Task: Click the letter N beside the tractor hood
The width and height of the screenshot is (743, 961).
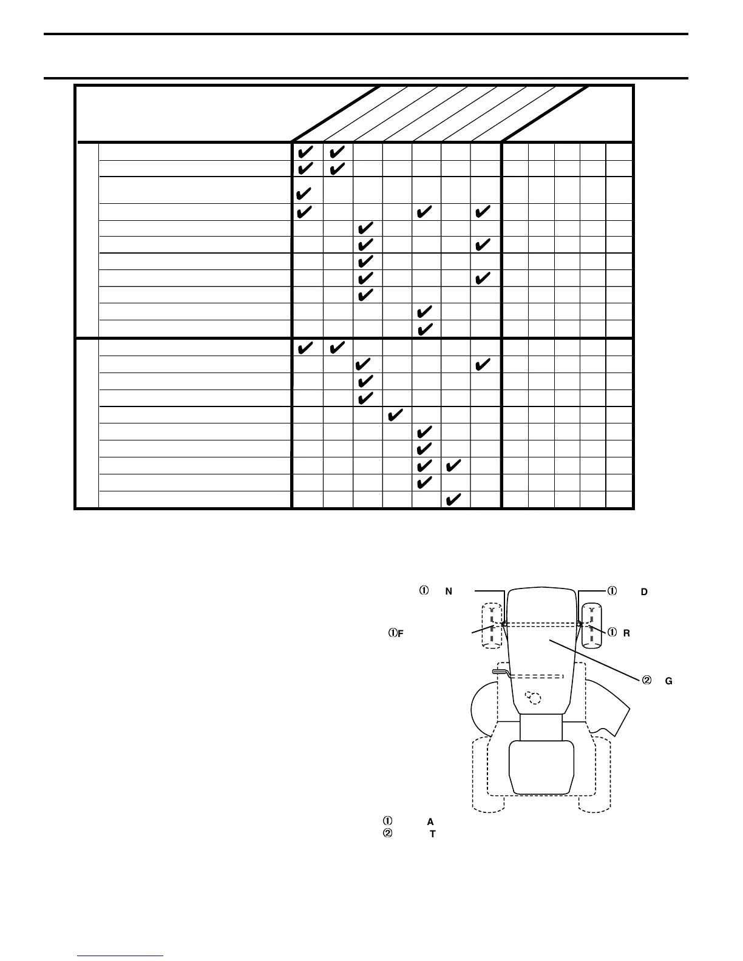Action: tap(449, 592)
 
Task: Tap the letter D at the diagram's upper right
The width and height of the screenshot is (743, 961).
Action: tap(644, 592)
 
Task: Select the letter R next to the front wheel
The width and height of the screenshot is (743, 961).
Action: tap(626, 633)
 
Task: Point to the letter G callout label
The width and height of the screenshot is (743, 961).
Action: tap(668, 681)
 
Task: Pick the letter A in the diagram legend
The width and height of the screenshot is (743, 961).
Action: tap(430, 822)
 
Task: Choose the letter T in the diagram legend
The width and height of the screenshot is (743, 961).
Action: tap(432, 834)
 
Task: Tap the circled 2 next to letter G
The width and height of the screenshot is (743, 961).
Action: tap(646, 681)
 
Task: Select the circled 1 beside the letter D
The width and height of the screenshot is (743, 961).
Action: tap(612, 591)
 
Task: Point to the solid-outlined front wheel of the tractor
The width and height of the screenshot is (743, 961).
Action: tap(591, 625)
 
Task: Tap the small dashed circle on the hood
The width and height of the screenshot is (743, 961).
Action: tap(533, 698)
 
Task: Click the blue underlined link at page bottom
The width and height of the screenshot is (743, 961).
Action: tap(121, 956)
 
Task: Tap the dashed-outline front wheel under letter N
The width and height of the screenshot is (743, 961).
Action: tap(491, 625)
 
